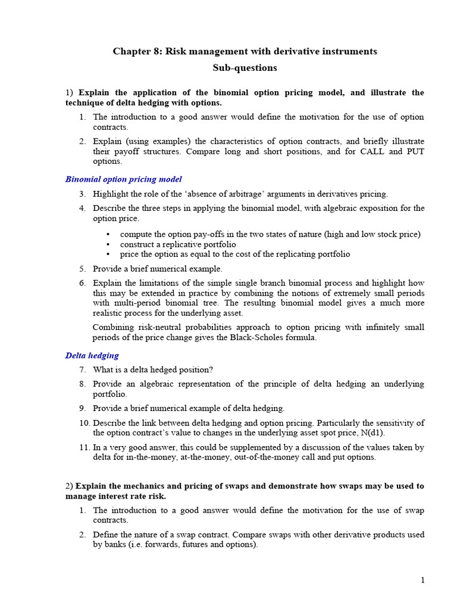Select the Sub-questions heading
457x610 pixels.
point(245,68)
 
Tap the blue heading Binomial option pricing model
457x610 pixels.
point(123,179)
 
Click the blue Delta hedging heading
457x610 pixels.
point(92,356)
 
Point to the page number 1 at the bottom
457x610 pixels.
point(422,580)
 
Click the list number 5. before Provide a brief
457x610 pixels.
point(83,269)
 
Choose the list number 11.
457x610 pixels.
point(84,447)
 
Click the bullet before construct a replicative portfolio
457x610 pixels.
point(108,244)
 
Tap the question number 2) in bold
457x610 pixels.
point(70,486)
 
